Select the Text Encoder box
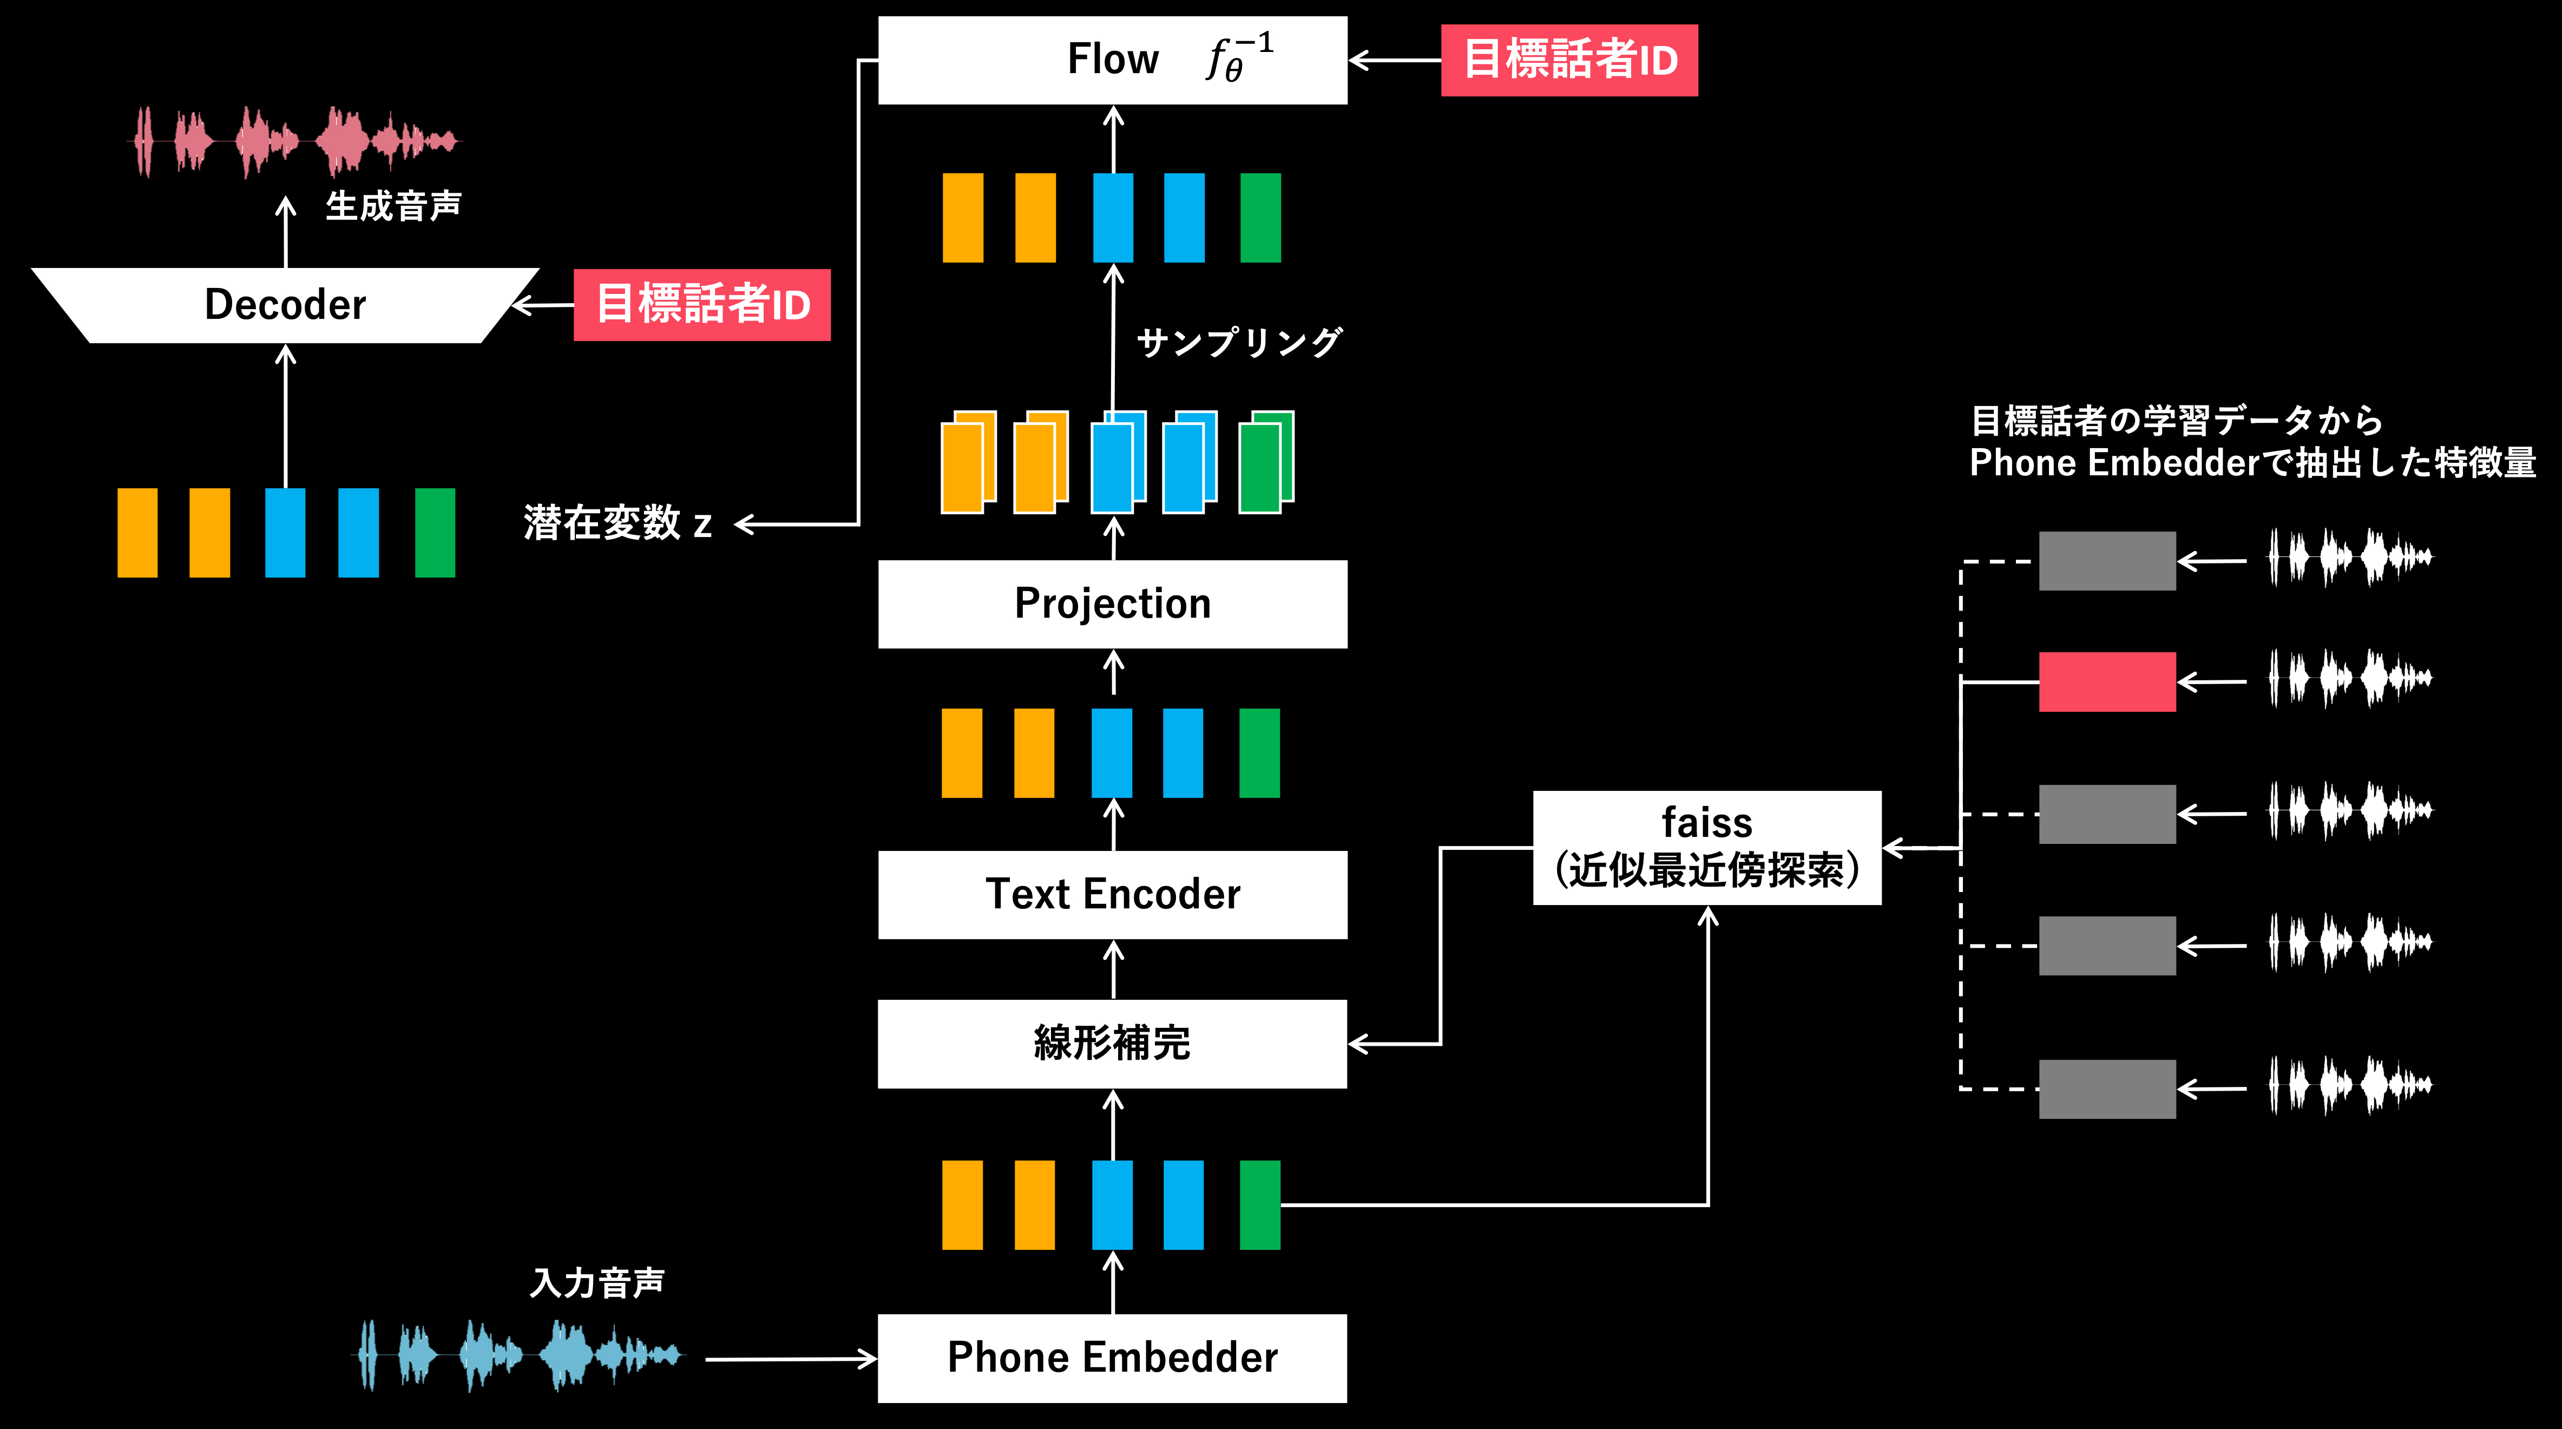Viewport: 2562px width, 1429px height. point(1112,894)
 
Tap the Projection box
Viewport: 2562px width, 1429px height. point(1112,604)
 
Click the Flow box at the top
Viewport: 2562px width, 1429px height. point(1112,60)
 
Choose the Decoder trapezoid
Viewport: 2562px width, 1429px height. point(285,304)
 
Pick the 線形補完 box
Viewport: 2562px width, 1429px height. point(1112,1043)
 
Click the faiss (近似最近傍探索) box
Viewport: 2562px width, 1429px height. point(1707,847)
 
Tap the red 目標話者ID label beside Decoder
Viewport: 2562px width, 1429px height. point(702,304)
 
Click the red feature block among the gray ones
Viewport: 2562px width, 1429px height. point(2106,682)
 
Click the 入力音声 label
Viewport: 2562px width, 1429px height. point(597,1283)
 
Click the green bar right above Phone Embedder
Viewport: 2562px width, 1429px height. point(1259,1204)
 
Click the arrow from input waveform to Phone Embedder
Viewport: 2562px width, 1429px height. point(791,1359)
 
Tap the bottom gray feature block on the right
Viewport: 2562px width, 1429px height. point(2106,1089)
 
